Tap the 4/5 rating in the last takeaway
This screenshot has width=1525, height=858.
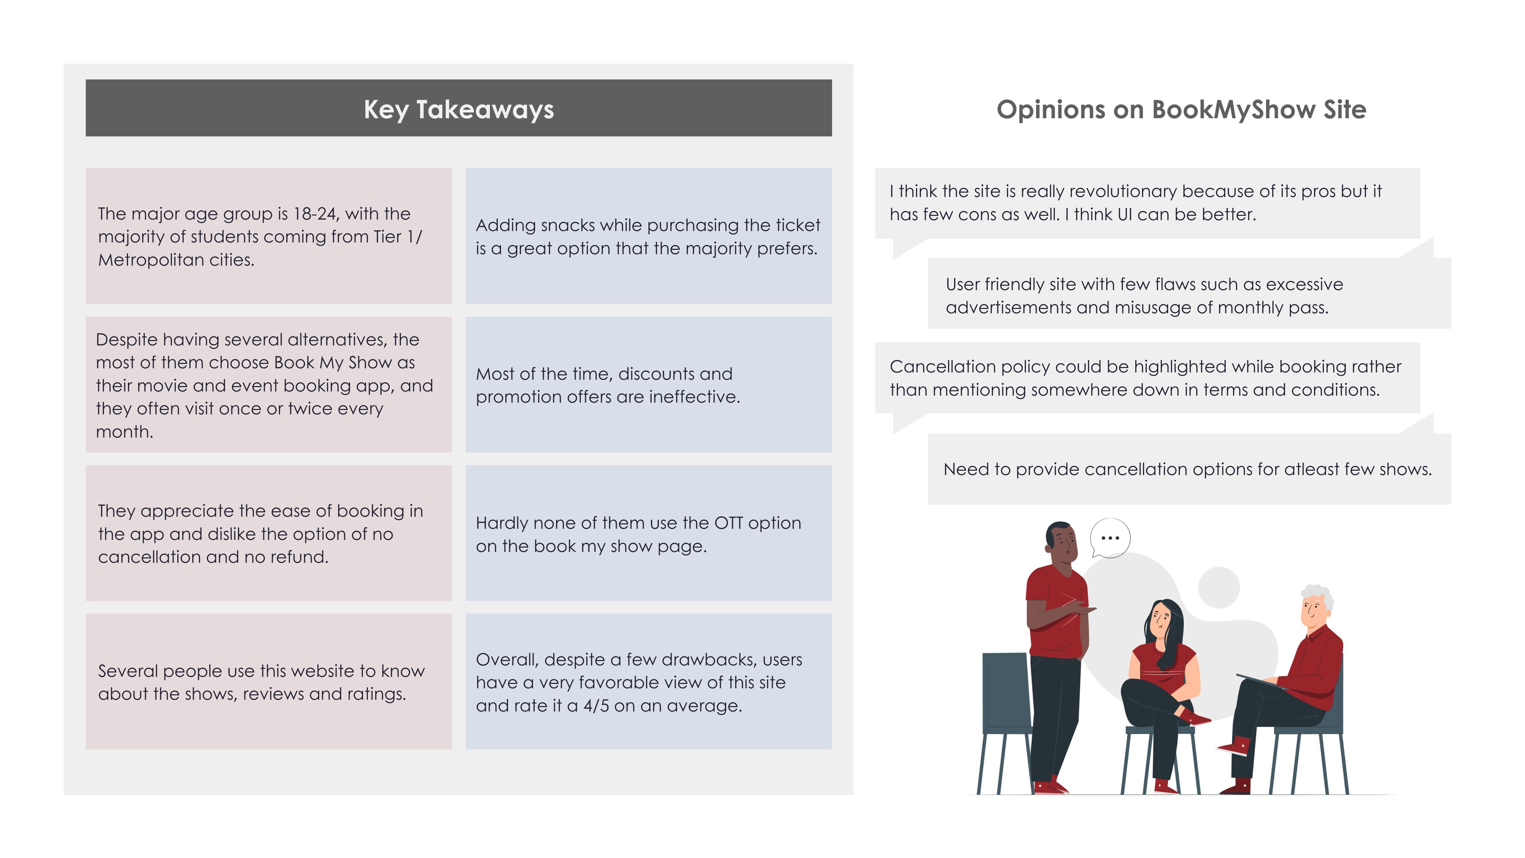596,706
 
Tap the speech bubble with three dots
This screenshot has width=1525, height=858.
1110,538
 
